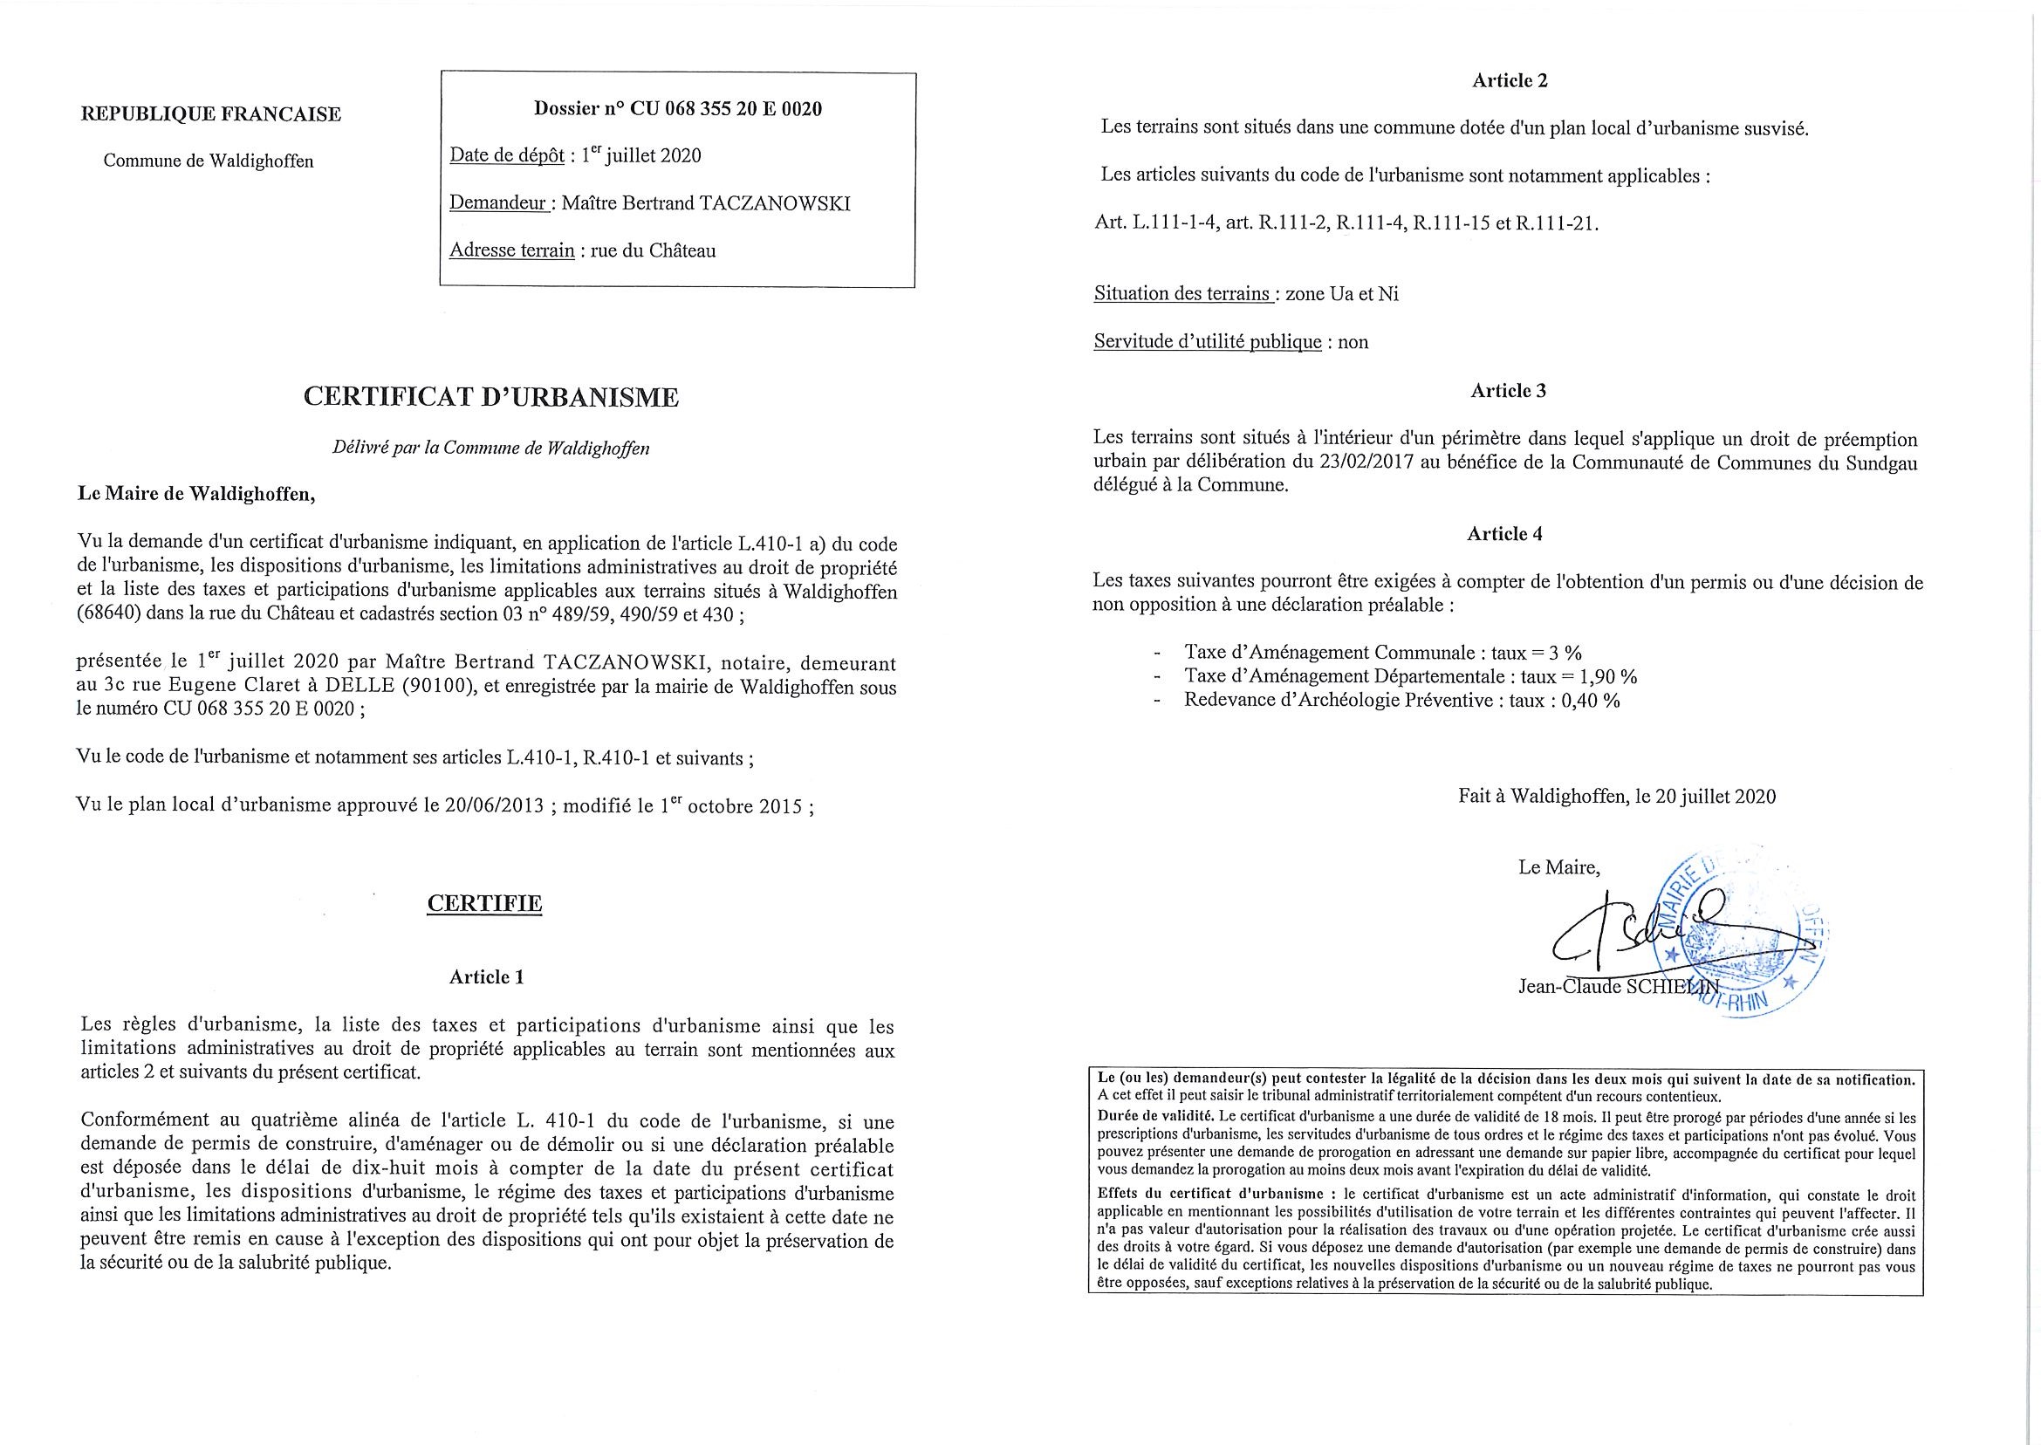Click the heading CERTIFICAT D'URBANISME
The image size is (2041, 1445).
(491, 398)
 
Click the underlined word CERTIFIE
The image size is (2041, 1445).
(485, 903)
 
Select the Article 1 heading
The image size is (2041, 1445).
(487, 976)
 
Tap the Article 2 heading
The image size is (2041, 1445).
(1510, 80)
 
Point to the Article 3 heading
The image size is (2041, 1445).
(1508, 391)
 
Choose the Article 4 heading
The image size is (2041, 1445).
(1504, 534)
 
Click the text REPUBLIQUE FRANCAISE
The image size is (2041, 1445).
(211, 114)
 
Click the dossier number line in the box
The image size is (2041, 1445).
(678, 109)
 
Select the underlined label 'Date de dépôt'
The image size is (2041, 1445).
(506, 155)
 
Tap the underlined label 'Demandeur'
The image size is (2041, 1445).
(497, 202)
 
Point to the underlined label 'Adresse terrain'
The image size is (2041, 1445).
(511, 250)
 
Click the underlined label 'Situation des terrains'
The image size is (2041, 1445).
(1181, 294)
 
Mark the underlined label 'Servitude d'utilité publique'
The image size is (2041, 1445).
(1208, 342)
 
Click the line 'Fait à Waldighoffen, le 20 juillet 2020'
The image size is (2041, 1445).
(1617, 797)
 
